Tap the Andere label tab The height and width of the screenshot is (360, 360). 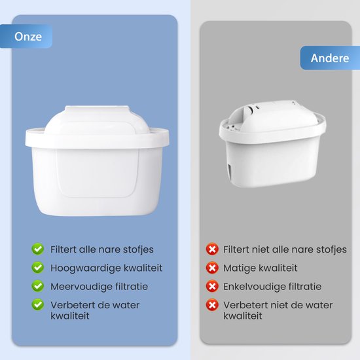(329, 58)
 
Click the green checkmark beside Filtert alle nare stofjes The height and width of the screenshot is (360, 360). (38, 249)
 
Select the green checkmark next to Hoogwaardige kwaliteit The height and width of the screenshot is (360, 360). (38, 268)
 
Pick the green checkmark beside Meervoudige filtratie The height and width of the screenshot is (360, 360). (38, 286)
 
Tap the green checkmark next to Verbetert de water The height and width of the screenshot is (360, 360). (38, 305)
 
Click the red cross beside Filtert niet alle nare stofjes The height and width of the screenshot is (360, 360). (211, 249)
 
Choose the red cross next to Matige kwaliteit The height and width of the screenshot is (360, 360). (211, 268)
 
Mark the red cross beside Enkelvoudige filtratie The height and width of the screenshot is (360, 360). (211, 286)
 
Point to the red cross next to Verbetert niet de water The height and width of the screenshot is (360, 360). (211, 305)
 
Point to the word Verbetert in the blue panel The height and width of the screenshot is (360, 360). (71, 305)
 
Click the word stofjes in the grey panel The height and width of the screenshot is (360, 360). (329, 249)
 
